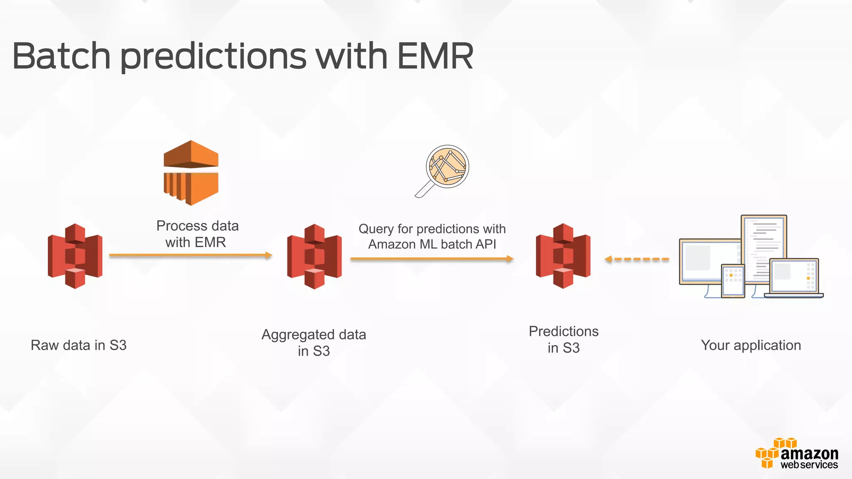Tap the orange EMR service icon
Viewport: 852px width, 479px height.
tap(191, 173)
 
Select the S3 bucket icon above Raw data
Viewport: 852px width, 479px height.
tap(75, 256)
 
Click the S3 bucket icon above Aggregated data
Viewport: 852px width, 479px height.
tap(315, 256)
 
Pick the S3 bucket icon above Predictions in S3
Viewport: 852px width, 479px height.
tap(563, 256)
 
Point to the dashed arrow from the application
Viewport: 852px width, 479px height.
tap(637, 259)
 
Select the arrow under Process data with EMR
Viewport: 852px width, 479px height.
tap(191, 255)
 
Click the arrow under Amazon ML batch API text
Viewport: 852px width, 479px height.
tap(432, 259)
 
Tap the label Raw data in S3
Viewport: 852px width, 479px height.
tap(79, 345)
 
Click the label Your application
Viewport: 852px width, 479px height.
tap(751, 345)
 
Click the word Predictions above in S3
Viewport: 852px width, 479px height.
tap(564, 331)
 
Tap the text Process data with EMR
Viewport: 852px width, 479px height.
tap(197, 234)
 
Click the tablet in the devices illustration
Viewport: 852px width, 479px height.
tap(733, 281)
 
